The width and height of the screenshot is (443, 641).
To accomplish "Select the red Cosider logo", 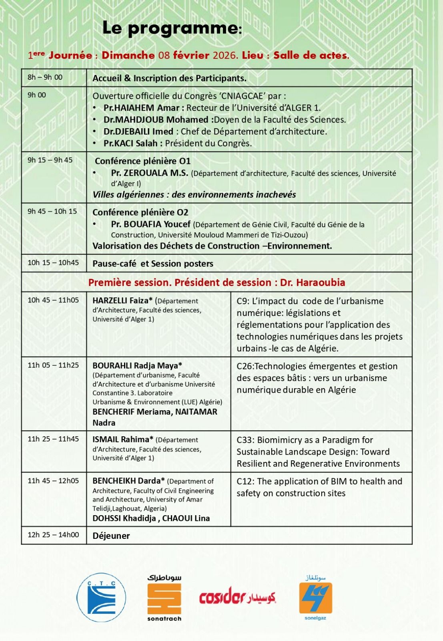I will coord(237,597).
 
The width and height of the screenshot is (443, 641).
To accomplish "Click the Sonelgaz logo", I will coord(315,598).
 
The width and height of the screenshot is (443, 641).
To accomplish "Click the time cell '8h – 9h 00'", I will coord(45,77).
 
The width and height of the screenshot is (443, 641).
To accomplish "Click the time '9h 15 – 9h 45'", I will coord(50,160).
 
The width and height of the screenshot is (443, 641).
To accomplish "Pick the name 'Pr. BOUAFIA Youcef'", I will coord(151,224).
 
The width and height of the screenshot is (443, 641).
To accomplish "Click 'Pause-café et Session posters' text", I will coord(153,264).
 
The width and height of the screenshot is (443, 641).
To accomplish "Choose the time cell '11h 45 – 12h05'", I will coord(53,481).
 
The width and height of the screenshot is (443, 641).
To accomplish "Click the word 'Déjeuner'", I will coord(111,536).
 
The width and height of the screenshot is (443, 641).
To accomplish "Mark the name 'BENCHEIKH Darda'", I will coord(128,481).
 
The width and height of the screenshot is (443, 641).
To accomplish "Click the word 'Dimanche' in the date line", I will coord(128,55).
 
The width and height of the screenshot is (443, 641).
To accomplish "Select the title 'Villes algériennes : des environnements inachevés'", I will coord(194,195).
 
